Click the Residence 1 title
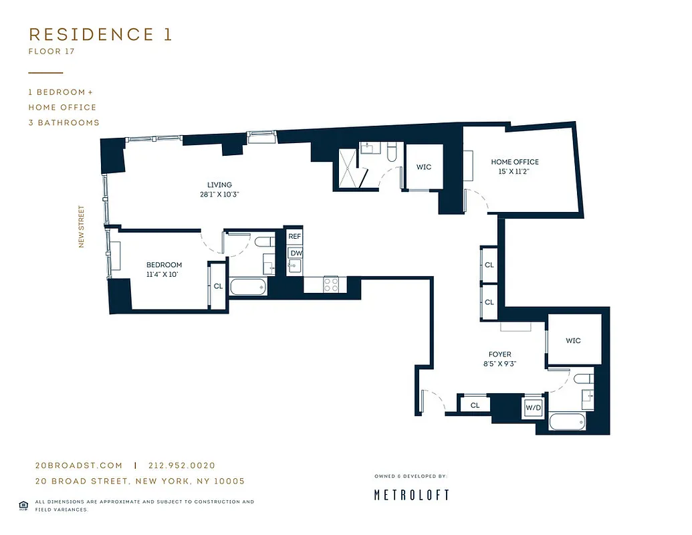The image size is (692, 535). click(100, 35)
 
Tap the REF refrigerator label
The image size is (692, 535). click(295, 237)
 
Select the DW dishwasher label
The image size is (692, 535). click(295, 253)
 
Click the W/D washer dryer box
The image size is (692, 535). click(533, 407)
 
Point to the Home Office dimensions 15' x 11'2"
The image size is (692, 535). click(514, 172)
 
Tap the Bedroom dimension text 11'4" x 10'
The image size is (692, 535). click(164, 274)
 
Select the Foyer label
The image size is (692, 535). click(499, 354)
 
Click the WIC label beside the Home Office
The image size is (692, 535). click(424, 167)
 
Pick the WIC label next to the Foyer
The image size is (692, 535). click(573, 340)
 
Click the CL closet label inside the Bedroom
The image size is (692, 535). click(218, 286)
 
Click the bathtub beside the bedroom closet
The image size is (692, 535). click(248, 288)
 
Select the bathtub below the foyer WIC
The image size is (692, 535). click(568, 423)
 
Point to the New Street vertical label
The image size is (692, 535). click(82, 226)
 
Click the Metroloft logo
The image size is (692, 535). click(411, 495)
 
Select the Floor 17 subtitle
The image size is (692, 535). click(51, 51)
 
